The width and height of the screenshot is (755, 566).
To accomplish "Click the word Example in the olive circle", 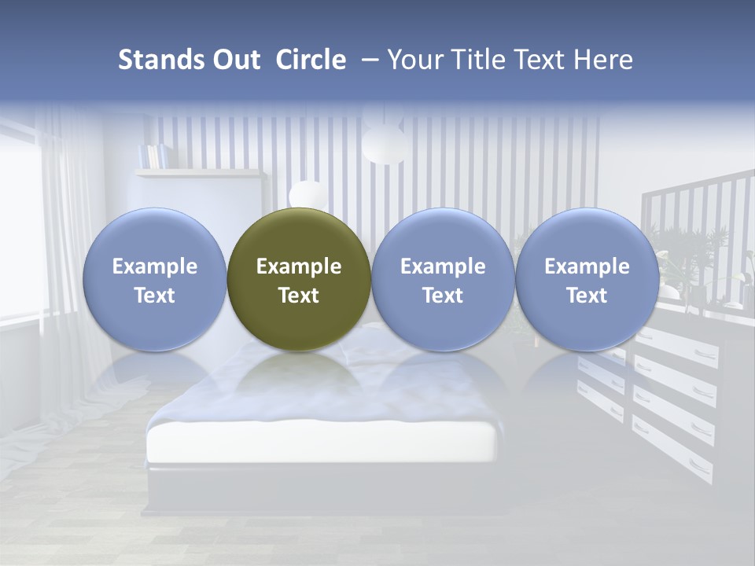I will coord(299,266).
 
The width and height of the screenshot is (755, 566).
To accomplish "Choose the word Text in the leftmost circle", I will coord(154,296).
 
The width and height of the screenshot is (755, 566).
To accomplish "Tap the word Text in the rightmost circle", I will coord(587,296).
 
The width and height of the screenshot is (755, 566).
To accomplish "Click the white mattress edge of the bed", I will coord(322,444).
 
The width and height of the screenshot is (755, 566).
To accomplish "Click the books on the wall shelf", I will coord(153,156).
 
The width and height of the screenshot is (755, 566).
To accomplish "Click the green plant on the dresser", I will coord(692,252).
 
